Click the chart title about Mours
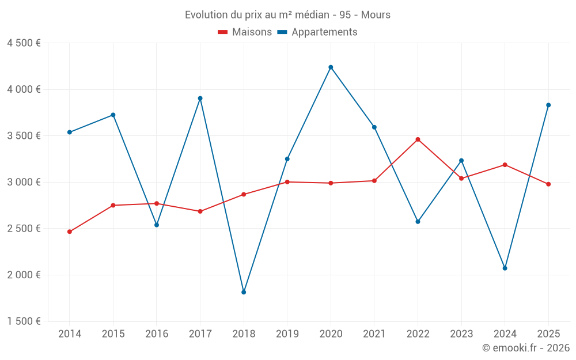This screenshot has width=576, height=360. (x=287, y=15)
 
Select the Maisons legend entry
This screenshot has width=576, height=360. (x=245, y=32)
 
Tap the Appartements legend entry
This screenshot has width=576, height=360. (x=317, y=32)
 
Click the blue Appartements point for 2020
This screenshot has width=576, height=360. (x=331, y=67)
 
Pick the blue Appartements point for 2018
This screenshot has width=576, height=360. (x=244, y=292)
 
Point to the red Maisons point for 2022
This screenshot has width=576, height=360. (x=418, y=139)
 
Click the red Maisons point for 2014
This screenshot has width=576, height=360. (x=70, y=232)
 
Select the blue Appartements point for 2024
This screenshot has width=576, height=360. (x=505, y=268)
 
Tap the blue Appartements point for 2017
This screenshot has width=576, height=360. (x=200, y=98)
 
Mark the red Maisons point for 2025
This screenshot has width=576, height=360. (x=548, y=184)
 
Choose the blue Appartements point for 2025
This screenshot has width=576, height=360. (x=548, y=105)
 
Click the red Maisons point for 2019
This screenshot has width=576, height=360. (x=287, y=182)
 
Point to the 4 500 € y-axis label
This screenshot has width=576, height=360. (x=24, y=43)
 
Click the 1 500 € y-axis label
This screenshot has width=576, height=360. (x=24, y=321)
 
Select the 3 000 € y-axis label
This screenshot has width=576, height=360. (x=24, y=182)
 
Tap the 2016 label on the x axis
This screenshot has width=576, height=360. (x=157, y=334)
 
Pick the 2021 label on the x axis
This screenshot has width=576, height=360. (x=374, y=334)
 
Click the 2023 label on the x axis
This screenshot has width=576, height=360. (x=461, y=334)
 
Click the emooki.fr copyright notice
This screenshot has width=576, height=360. (x=525, y=348)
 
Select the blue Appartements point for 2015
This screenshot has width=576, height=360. (x=113, y=115)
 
